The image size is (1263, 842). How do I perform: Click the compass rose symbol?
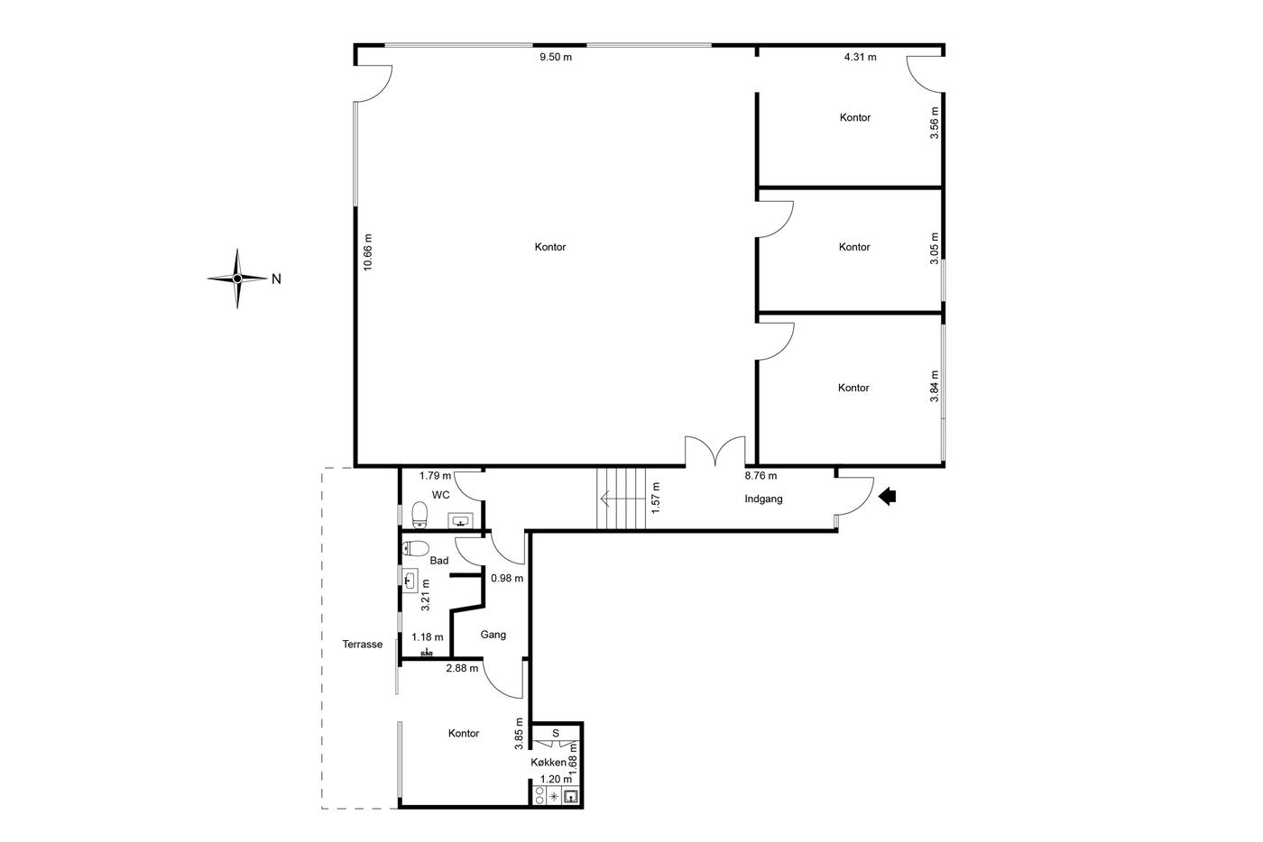pyautogui.click(x=237, y=279)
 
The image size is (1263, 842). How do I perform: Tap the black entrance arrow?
pyautogui.click(x=888, y=497)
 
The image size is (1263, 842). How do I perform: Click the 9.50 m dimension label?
pyautogui.click(x=556, y=57)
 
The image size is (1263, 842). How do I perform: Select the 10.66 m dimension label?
pyautogui.click(x=368, y=252)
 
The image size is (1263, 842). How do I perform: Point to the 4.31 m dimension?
pyautogui.click(x=860, y=57)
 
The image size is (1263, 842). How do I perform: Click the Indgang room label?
pyautogui.click(x=763, y=499)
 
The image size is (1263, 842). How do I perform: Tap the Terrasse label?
pyautogui.click(x=363, y=645)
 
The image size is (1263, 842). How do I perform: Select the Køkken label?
pyautogui.click(x=549, y=763)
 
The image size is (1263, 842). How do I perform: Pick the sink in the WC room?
pyautogui.click(x=461, y=521)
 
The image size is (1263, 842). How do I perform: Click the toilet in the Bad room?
pyautogui.click(x=415, y=548)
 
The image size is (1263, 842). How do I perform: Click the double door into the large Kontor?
pyautogui.click(x=715, y=452)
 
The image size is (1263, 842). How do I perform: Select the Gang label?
pyautogui.click(x=493, y=635)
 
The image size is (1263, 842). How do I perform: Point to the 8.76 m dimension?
pyautogui.click(x=761, y=476)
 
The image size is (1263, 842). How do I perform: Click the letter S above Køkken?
pyautogui.click(x=556, y=733)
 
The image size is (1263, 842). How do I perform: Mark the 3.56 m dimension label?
pyautogui.click(x=935, y=123)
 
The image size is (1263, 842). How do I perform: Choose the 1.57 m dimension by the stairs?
pyautogui.click(x=656, y=498)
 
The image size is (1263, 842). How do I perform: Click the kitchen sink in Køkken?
pyautogui.click(x=570, y=796)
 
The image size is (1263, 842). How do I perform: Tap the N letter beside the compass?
pyautogui.click(x=276, y=279)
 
